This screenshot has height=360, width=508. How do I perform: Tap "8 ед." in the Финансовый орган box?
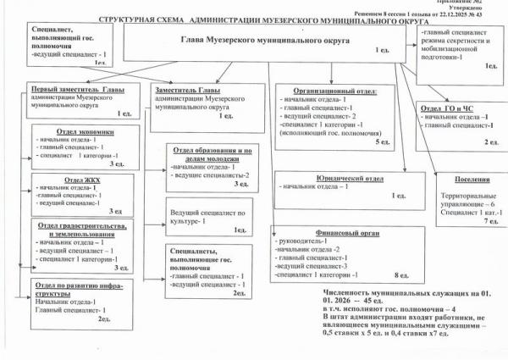402,276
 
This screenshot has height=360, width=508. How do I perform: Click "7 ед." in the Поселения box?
490,220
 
